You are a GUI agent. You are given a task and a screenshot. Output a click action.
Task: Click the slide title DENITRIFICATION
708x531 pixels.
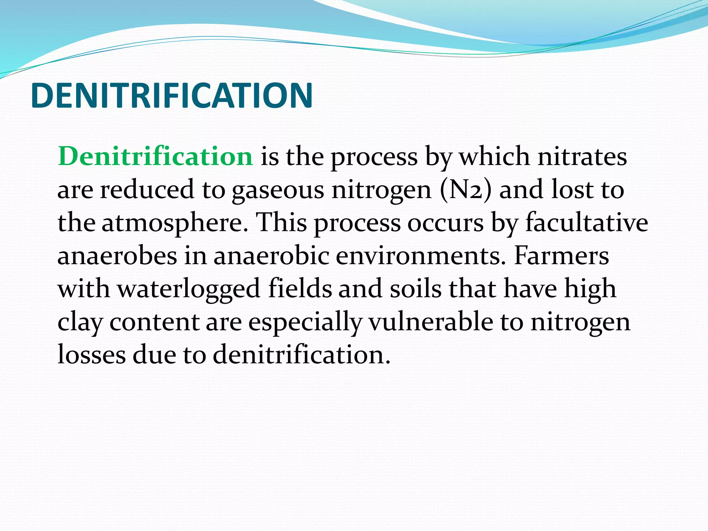tap(172, 95)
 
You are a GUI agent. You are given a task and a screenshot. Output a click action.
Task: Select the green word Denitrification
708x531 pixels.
tap(156, 157)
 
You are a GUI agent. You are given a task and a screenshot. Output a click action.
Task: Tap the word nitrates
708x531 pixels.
tap(582, 157)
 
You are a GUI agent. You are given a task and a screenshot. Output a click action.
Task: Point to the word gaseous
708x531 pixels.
tap(278, 190)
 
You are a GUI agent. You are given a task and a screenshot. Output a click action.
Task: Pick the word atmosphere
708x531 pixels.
tap(175, 223)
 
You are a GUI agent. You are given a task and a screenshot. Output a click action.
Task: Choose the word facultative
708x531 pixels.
tap(587, 223)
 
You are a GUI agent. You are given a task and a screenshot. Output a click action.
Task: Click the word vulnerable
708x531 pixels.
tap(431, 322)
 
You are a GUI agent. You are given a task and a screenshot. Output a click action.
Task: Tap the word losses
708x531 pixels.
tap(91, 355)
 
